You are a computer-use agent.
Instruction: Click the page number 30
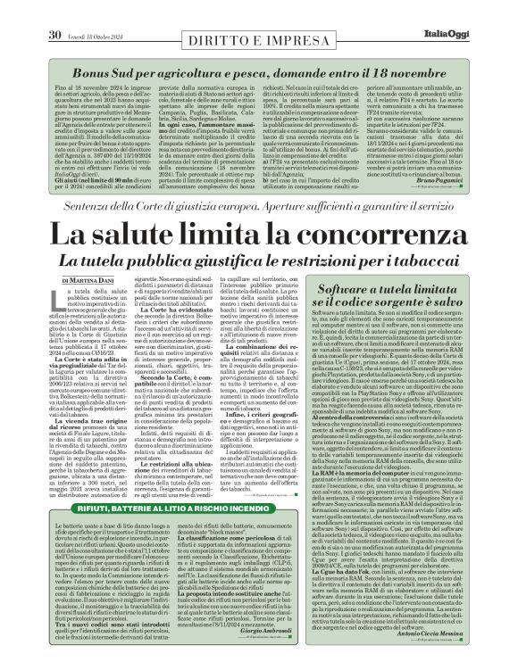54,10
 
